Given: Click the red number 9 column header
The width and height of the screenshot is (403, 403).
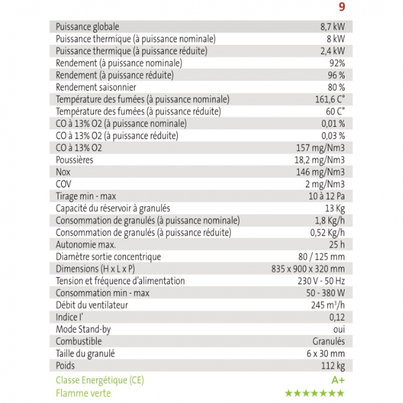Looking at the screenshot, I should coord(341,7).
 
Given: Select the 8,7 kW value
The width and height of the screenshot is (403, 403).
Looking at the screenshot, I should coord(332,26).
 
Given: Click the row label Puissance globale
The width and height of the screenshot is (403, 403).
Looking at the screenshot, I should coord(88,26).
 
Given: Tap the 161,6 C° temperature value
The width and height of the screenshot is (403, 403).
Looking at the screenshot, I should coord(328,99).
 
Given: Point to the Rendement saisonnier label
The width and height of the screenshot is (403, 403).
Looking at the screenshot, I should coord(96,87).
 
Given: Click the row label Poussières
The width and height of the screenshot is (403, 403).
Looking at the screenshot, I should coord(75,160).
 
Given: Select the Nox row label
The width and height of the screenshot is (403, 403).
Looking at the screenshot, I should coord(63,172).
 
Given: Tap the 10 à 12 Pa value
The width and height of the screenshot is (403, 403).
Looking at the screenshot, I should coord(327,196).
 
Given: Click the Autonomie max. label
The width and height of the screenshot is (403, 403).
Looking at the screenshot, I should coord(86,245).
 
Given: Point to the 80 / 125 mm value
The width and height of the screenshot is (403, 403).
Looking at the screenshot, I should coord(321,257).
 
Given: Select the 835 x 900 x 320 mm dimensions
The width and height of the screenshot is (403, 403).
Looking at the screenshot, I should coord(308,268).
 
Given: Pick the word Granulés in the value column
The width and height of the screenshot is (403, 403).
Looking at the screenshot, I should coord(328,341).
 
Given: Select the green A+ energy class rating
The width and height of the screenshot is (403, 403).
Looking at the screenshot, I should coord(338,380).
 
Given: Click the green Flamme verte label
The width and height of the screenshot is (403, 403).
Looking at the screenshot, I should coord(83,393).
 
